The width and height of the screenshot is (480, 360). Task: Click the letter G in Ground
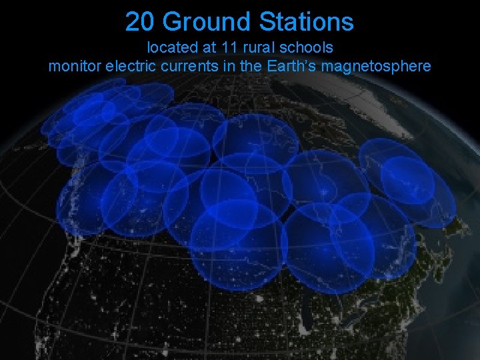171,22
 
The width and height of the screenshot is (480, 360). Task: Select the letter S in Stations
265,22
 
